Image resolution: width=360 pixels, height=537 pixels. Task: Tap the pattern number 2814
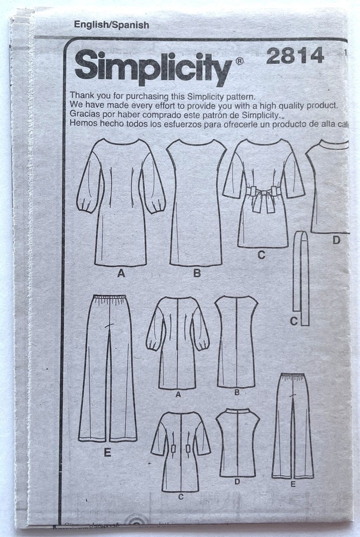pyautogui.click(x=295, y=56)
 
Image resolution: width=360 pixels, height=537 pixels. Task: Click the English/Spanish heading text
pyautogui.click(x=112, y=25)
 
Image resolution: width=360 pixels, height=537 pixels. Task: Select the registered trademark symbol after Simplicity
pyautogui.click(x=239, y=61)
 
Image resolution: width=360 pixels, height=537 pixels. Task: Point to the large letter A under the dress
pyautogui.click(x=119, y=274)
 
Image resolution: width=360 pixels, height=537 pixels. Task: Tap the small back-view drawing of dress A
pyautogui.click(x=177, y=342)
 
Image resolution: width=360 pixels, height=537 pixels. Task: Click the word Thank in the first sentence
pyautogui.click(x=83, y=96)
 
